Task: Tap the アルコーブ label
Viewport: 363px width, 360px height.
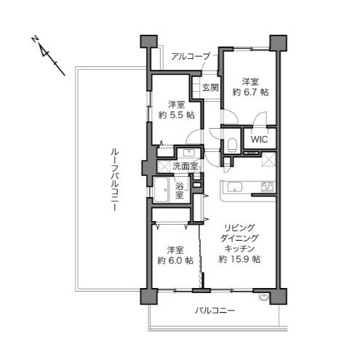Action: pyautogui.click(x=191, y=56)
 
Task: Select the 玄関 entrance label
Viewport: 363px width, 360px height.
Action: pyautogui.click(x=210, y=87)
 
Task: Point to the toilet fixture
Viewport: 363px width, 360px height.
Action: pyautogui.click(x=229, y=143)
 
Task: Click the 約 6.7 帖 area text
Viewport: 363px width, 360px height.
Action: pyautogui.click(x=250, y=92)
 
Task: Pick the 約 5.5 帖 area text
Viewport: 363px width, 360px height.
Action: pyautogui.click(x=175, y=115)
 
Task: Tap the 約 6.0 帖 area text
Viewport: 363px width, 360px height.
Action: pyautogui.click(x=175, y=260)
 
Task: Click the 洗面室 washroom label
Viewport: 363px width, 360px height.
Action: pyautogui.click(x=184, y=167)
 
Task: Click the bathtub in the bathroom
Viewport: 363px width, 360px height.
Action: pyautogui.click(x=161, y=193)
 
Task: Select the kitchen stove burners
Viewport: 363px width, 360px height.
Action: pyautogui.click(x=267, y=187)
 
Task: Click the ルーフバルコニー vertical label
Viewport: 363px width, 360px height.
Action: pyautogui.click(x=114, y=179)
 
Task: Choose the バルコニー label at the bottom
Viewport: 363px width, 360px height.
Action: pyautogui.click(x=215, y=311)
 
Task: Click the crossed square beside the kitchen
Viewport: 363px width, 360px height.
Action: pyautogui.click(x=271, y=161)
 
